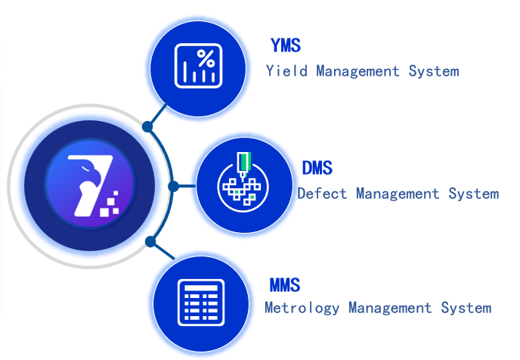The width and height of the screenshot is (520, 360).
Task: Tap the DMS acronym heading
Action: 317,168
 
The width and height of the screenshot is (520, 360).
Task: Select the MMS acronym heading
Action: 285,285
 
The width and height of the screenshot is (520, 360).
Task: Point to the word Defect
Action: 322,194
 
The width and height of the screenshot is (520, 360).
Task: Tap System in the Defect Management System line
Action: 473,194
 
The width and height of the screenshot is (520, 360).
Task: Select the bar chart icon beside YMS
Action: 198,65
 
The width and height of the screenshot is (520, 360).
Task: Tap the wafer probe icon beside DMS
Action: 242,185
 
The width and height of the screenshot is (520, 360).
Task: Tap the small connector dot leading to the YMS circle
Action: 149,125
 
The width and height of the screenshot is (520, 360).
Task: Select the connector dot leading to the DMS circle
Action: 173,185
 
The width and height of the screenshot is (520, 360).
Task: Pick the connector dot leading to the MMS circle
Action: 150,242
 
